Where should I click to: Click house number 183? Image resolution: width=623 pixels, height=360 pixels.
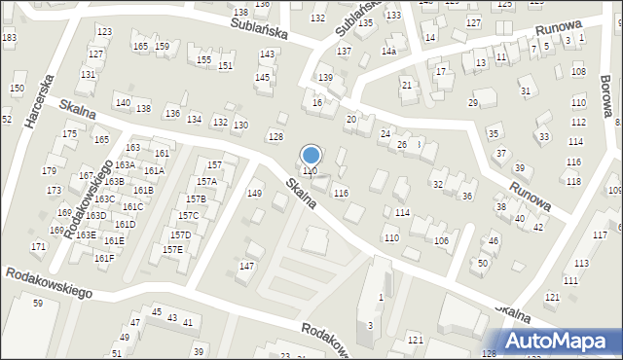pos(9,38)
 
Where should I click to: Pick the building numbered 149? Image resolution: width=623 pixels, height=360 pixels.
pos(254,194)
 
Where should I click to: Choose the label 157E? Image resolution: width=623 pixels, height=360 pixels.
pos(172,250)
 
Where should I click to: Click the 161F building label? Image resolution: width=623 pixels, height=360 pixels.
pos(104,258)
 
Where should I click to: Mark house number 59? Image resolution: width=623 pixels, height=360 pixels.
pos(38,304)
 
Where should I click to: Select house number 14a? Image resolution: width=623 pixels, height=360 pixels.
pos(388,51)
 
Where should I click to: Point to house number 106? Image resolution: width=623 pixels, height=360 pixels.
pos(441,241)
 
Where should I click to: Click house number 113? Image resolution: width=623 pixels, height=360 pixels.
pos(581,264)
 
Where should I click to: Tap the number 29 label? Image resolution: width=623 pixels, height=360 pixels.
pos(474,103)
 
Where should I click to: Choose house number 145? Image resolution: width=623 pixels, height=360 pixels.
pos(262,78)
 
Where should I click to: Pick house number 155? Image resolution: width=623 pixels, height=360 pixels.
pos(203,60)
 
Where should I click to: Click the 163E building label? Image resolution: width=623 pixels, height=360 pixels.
pos(86,235)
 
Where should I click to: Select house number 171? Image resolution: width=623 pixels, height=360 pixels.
pos(38,247)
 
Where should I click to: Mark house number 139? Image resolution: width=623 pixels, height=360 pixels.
pos(326,78)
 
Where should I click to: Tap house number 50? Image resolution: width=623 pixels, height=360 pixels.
pos(483,264)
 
